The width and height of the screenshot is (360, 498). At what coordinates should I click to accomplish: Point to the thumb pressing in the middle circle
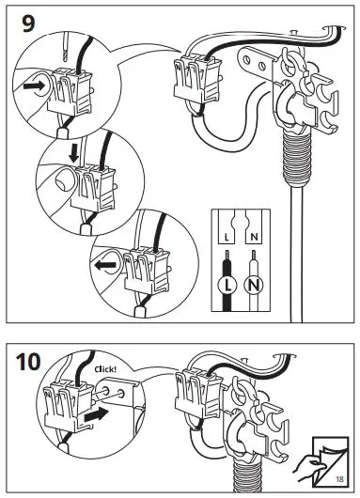tap(62, 180)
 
